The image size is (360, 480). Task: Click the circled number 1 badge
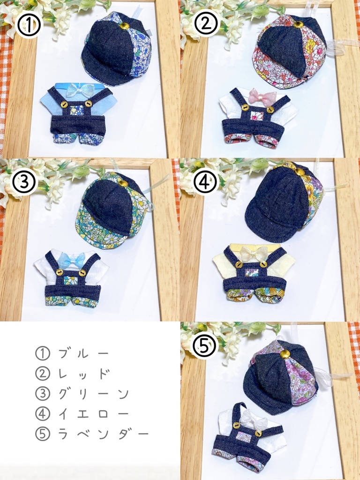pyautogui.click(x=30, y=26)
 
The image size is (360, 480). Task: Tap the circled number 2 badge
pyautogui.click(x=205, y=24)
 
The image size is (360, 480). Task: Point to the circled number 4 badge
pyautogui.click(x=205, y=182)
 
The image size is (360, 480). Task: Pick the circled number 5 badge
pyautogui.click(x=205, y=345)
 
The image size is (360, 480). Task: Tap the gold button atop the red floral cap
pyautogui.click(x=298, y=24)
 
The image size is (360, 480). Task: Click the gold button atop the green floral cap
pyautogui.click(x=123, y=183)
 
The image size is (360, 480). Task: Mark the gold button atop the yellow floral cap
pyautogui.click(x=300, y=172)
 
